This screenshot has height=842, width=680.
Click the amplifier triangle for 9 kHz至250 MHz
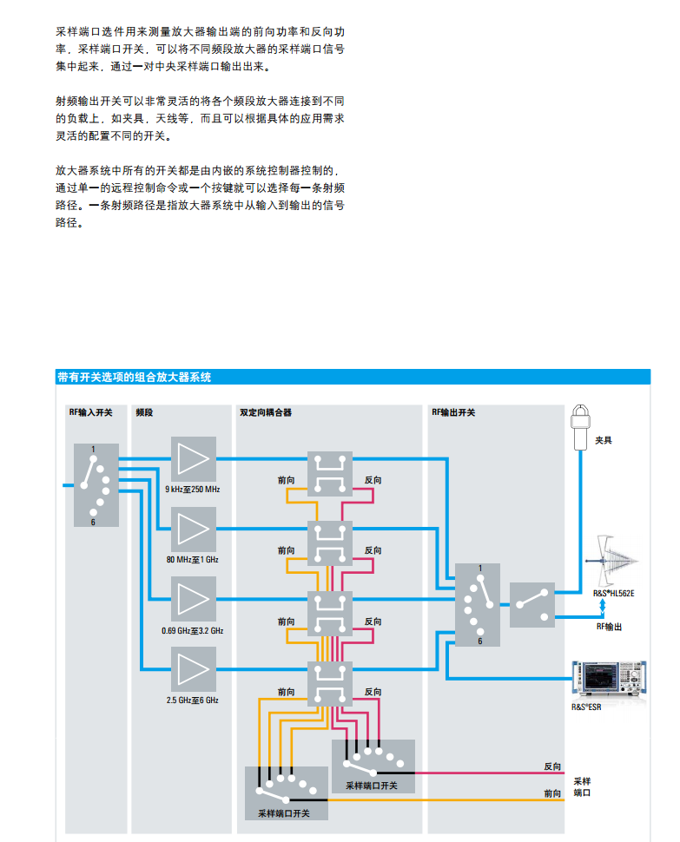click(x=193, y=458)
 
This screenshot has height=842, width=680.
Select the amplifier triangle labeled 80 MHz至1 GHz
click(x=193, y=529)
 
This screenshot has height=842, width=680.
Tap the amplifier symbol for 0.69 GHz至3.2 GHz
click(x=193, y=600)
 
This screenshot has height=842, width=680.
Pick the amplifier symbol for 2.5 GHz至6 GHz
click(x=193, y=669)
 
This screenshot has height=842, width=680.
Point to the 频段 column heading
click(x=144, y=412)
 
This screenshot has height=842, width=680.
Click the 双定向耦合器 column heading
click(x=266, y=412)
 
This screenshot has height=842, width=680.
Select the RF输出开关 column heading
click(x=453, y=412)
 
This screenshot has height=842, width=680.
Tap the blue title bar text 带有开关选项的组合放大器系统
click(x=134, y=377)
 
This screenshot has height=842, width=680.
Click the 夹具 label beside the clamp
click(x=604, y=440)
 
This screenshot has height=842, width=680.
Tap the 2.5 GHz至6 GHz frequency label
click(x=193, y=700)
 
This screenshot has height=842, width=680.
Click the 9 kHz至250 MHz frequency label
click(x=193, y=490)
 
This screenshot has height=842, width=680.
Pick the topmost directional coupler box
click(x=330, y=473)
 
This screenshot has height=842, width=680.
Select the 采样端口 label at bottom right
click(x=583, y=786)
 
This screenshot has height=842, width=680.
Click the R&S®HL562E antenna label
click(x=614, y=593)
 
